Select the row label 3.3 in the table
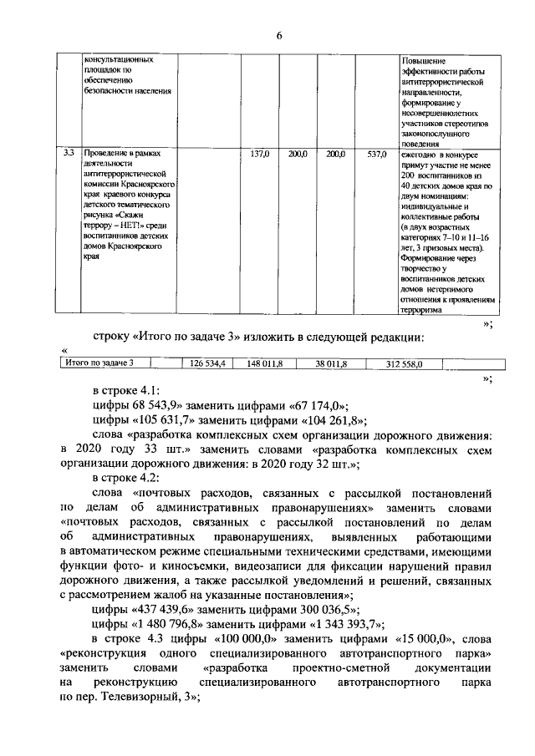pos(69,154)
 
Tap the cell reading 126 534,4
pos(207,363)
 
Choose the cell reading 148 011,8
pos(265,363)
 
